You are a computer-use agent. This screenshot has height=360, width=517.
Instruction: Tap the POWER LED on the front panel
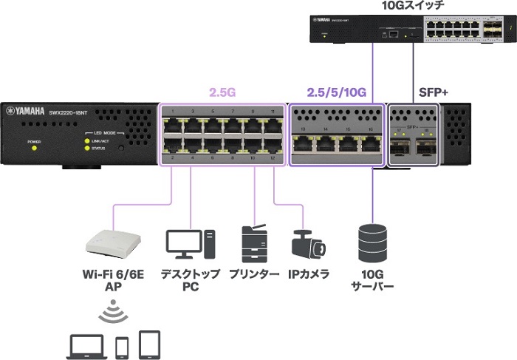[33, 148]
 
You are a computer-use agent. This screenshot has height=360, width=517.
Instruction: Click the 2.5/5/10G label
[337, 92]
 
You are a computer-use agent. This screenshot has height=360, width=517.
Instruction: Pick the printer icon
[253, 245]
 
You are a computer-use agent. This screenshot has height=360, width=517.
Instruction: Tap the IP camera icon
[308, 244]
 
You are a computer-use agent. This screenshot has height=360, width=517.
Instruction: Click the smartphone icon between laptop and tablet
[123, 345]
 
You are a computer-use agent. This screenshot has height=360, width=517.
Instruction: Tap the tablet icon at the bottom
[149, 343]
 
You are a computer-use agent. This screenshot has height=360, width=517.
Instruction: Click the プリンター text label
[253, 274]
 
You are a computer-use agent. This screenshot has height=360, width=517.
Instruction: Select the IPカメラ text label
[309, 274]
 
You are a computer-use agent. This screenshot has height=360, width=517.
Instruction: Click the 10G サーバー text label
[372, 280]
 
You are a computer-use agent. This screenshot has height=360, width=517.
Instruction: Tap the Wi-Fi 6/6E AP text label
[113, 280]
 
